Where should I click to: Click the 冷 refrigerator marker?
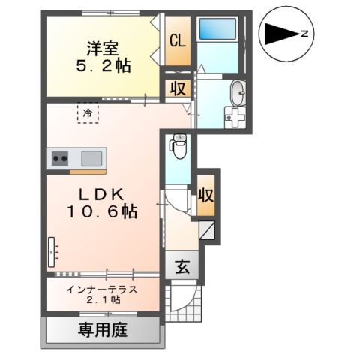pos(88,114)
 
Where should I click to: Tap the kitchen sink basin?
pos(92,158)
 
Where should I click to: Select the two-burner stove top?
pos(60,158)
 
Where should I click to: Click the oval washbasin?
pos(238,93)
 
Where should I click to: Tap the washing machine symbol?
pos(237,117)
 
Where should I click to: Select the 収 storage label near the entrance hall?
pos(206,196)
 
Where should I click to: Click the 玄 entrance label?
pos(181,265)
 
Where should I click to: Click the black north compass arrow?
pos(278,33)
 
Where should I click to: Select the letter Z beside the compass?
pos(304,33)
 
